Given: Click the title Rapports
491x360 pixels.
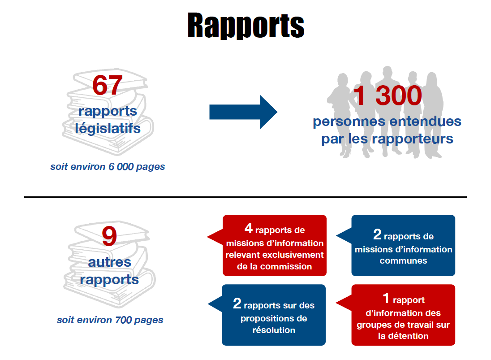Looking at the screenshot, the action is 246,26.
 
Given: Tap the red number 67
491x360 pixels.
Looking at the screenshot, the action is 107,85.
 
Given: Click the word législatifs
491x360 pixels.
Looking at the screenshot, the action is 108,129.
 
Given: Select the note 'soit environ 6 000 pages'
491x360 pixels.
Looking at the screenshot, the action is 108,167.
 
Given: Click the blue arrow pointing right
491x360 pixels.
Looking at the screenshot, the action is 243,112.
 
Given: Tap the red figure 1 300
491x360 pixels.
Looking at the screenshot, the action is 388,95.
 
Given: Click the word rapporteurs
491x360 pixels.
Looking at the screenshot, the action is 413,139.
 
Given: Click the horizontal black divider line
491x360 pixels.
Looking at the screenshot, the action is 245,197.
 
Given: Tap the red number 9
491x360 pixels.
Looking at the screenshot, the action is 109,236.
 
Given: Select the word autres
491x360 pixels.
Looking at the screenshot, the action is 109,262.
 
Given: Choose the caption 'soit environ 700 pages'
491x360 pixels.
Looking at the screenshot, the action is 110,320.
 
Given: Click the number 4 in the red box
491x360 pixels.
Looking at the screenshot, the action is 249,228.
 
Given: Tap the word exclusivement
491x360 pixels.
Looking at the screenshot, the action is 293,255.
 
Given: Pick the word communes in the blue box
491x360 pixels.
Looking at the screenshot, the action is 403,260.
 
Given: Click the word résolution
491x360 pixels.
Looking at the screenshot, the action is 274,330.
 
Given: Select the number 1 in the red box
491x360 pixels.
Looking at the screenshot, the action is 386,298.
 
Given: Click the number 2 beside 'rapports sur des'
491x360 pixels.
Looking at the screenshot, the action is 237,304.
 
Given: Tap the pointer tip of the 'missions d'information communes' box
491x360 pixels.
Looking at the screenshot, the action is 336,236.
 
